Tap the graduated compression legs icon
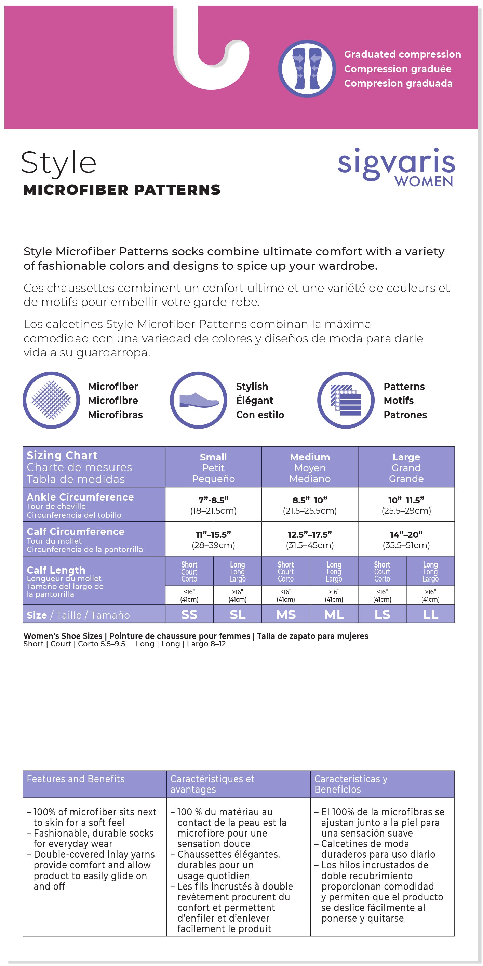coord(307,69)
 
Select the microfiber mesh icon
coord(51,400)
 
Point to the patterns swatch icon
coord(346,400)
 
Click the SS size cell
coord(189,614)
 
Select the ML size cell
coord(334,614)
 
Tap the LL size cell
coord(430,614)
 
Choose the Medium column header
coord(310,467)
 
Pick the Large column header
coord(406,467)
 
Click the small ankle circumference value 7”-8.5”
coord(213,500)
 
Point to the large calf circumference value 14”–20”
coord(406,534)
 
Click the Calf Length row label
coord(56,570)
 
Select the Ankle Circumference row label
coord(80,497)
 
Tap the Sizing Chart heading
coord(62,455)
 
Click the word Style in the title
coord(58,164)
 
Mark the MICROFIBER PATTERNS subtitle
coord(122,190)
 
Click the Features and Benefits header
coord(76,779)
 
